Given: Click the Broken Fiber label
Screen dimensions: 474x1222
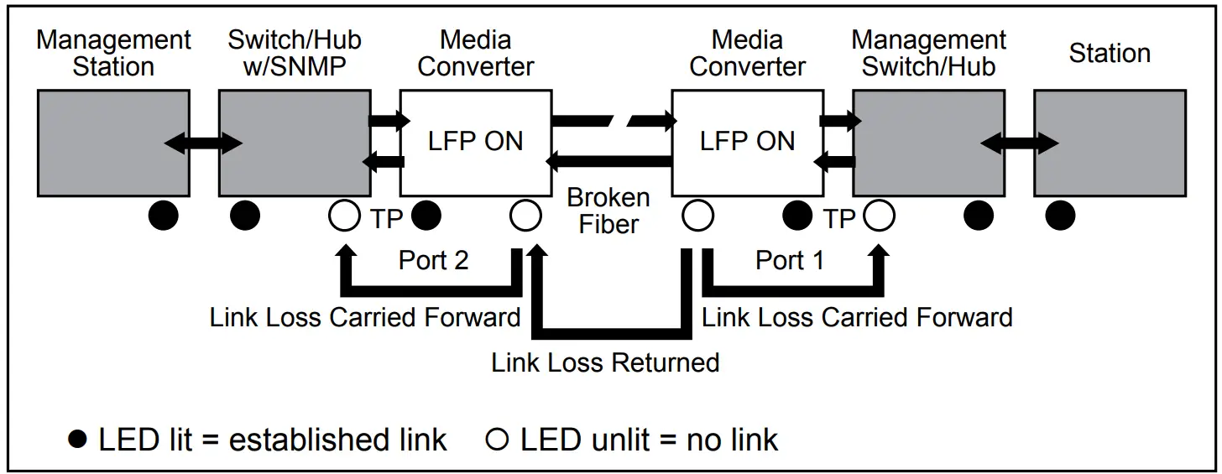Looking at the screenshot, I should (x=608, y=211).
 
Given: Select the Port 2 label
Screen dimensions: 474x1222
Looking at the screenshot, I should (x=433, y=260).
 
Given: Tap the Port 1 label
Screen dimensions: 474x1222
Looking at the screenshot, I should (x=790, y=260).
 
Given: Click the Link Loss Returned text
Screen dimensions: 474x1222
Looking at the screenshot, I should (x=605, y=362).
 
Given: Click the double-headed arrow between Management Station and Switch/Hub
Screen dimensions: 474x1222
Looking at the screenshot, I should (x=204, y=143).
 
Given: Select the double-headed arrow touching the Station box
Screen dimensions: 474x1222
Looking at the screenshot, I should (x=1019, y=143).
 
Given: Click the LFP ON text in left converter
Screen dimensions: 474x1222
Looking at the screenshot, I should (x=475, y=141).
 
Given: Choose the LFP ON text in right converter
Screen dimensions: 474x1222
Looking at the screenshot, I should (x=747, y=141).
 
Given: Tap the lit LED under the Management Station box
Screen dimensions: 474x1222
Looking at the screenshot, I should (x=164, y=216).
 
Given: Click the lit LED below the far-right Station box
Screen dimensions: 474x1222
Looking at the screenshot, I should (x=1060, y=216).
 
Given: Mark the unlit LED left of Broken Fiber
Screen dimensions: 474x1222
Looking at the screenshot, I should (x=525, y=216).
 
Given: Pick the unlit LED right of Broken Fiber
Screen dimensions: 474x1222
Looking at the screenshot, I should (x=697, y=216).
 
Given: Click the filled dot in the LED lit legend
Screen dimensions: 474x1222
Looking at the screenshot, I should (x=78, y=440).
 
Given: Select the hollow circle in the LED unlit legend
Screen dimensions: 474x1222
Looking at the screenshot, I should (x=498, y=440).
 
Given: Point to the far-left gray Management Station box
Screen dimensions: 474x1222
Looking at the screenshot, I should (x=113, y=143).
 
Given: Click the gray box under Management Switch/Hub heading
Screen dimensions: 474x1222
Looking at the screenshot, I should (x=928, y=143).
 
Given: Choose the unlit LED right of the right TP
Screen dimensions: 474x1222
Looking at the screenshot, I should (x=879, y=216).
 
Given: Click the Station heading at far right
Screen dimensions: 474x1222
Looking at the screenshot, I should (x=1109, y=54).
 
